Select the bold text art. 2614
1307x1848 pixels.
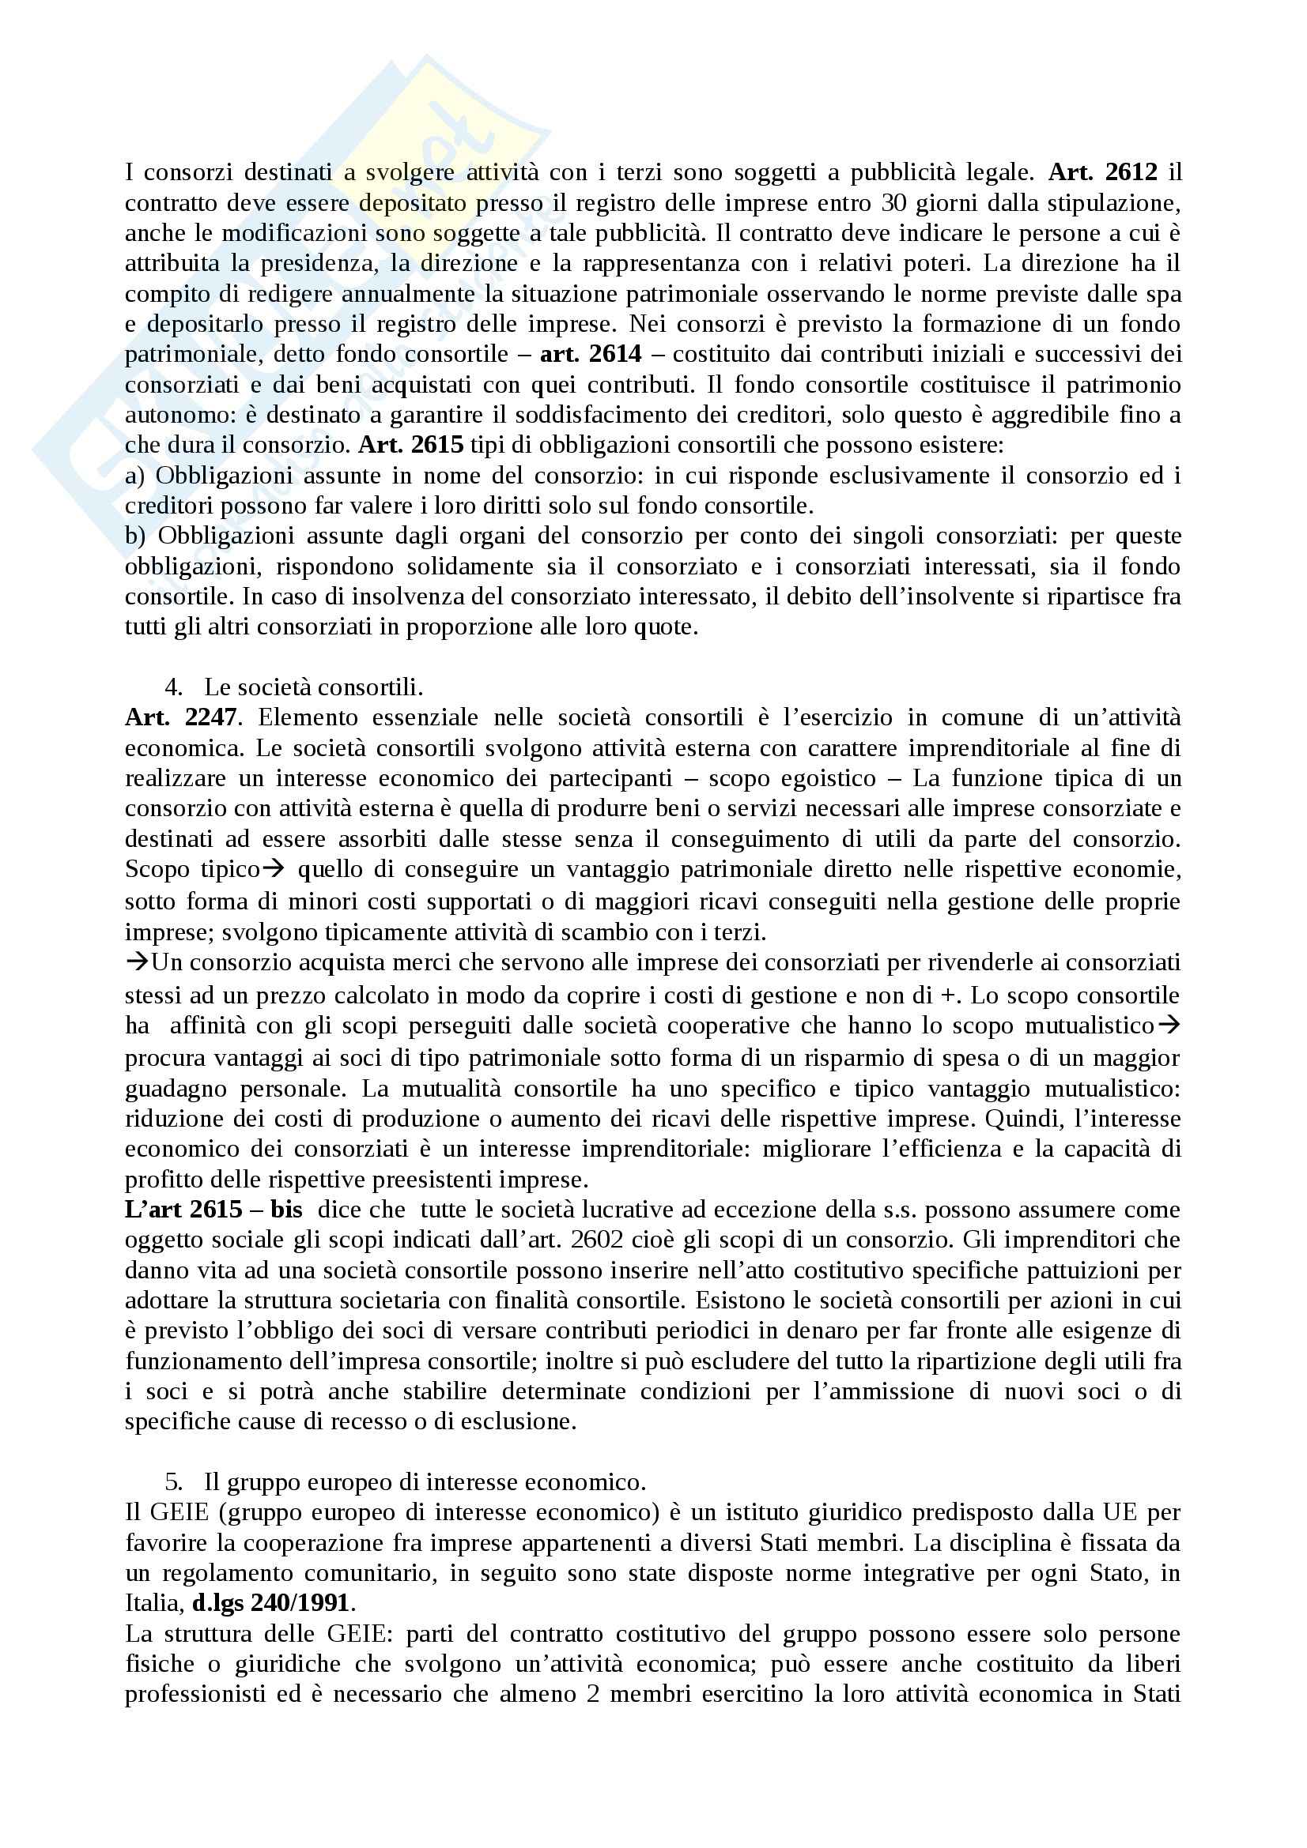591,353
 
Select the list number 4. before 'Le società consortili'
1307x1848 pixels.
173,687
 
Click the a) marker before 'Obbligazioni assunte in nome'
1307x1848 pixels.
134,475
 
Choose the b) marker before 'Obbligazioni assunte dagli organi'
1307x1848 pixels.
135,535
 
